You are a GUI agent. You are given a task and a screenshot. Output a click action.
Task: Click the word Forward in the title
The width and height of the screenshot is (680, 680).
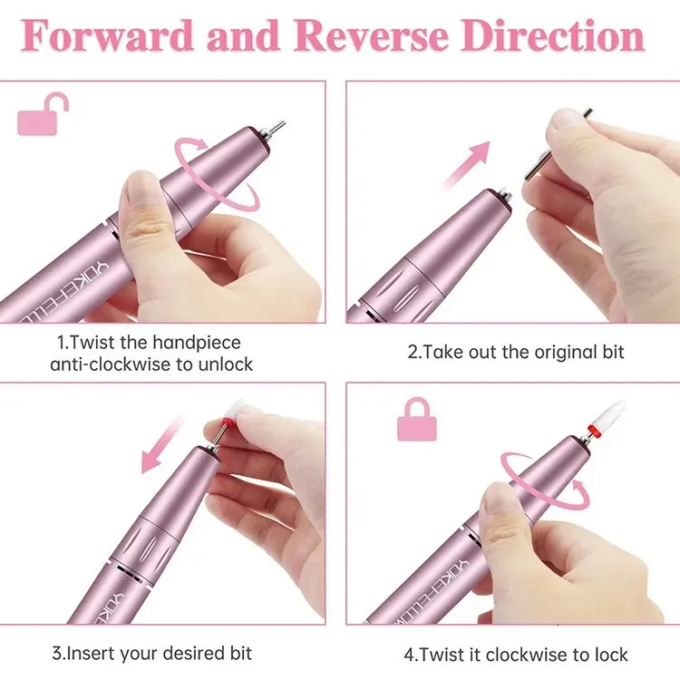(x=106, y=35)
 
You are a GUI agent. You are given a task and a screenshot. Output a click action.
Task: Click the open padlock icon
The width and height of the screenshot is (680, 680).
(x=43, y=113)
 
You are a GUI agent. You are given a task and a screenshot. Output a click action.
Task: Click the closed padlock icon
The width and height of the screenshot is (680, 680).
(x=417, y=419)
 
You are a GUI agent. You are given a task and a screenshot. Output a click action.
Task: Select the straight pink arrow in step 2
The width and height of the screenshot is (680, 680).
(x=466, y=165)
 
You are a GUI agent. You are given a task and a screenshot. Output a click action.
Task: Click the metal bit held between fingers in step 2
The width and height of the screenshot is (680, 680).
(x=558, y=144)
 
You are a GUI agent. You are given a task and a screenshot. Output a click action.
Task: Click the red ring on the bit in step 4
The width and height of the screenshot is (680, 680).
(x=593, y=432)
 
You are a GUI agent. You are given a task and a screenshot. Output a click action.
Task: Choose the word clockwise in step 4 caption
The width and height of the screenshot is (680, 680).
(x=526, y=655)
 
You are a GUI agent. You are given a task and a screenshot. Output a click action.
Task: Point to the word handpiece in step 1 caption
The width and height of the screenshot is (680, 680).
(x=197, y=343)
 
